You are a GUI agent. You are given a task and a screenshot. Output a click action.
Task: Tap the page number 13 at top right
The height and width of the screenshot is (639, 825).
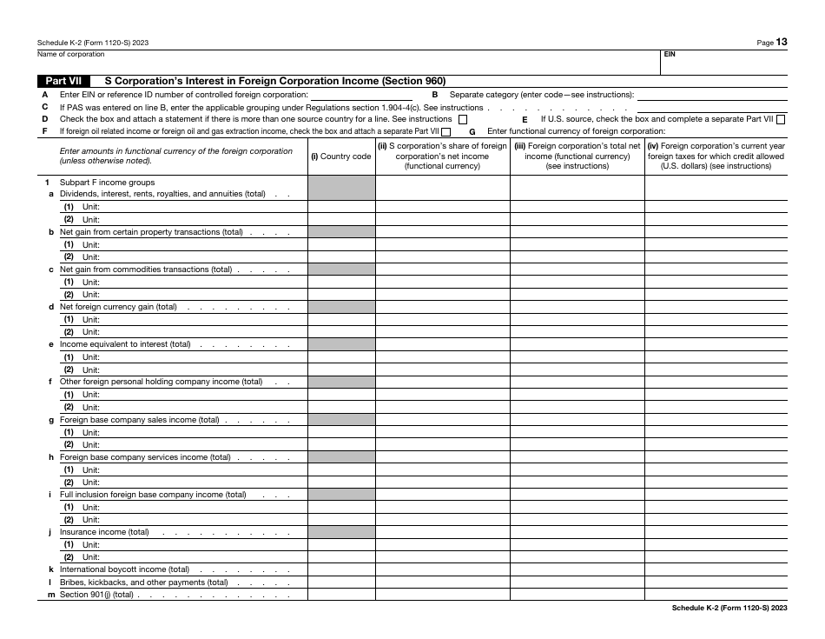tap(782, 41)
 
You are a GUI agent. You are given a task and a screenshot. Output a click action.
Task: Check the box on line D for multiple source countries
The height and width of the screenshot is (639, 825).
tap(462, 119)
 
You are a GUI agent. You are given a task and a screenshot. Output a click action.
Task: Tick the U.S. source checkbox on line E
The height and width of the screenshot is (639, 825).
tap(781, 119)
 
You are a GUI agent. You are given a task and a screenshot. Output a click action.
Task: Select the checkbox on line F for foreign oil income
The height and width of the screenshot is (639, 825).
tap(445, 132)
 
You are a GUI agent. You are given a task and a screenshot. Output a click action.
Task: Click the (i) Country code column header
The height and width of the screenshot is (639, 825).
tap(341, 156)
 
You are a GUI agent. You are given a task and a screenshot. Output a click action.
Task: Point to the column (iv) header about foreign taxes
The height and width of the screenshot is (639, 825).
tap(716, 156)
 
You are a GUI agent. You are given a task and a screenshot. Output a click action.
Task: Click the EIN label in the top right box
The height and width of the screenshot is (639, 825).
tap(670, 54)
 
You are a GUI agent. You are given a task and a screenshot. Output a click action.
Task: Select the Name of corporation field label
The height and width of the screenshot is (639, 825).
tap(70, 54)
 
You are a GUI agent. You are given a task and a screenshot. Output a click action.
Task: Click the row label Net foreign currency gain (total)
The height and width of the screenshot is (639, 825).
tap(118, 307)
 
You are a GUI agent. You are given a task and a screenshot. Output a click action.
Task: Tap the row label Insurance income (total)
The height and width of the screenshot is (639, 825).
tap(104, 532)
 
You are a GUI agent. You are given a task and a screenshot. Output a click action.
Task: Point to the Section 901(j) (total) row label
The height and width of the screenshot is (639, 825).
tap(96, 595)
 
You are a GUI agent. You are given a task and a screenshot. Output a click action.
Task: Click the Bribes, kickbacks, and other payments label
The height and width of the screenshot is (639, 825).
tap(143, 582)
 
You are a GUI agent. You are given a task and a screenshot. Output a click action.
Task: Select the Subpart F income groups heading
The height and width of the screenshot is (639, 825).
tap(107, 183)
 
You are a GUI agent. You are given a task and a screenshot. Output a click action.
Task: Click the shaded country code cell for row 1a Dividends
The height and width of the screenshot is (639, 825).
tap(341, 194)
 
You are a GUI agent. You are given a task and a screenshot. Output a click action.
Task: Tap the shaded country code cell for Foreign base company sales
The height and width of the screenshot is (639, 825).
tap(341, 420)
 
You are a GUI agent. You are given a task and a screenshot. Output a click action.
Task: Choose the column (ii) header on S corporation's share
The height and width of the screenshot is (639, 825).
tap(442, 156)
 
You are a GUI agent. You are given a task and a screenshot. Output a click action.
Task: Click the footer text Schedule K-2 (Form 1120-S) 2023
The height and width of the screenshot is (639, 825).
tap(729, 609)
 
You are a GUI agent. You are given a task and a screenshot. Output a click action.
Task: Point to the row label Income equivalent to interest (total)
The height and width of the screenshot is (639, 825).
tap(125, 344)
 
